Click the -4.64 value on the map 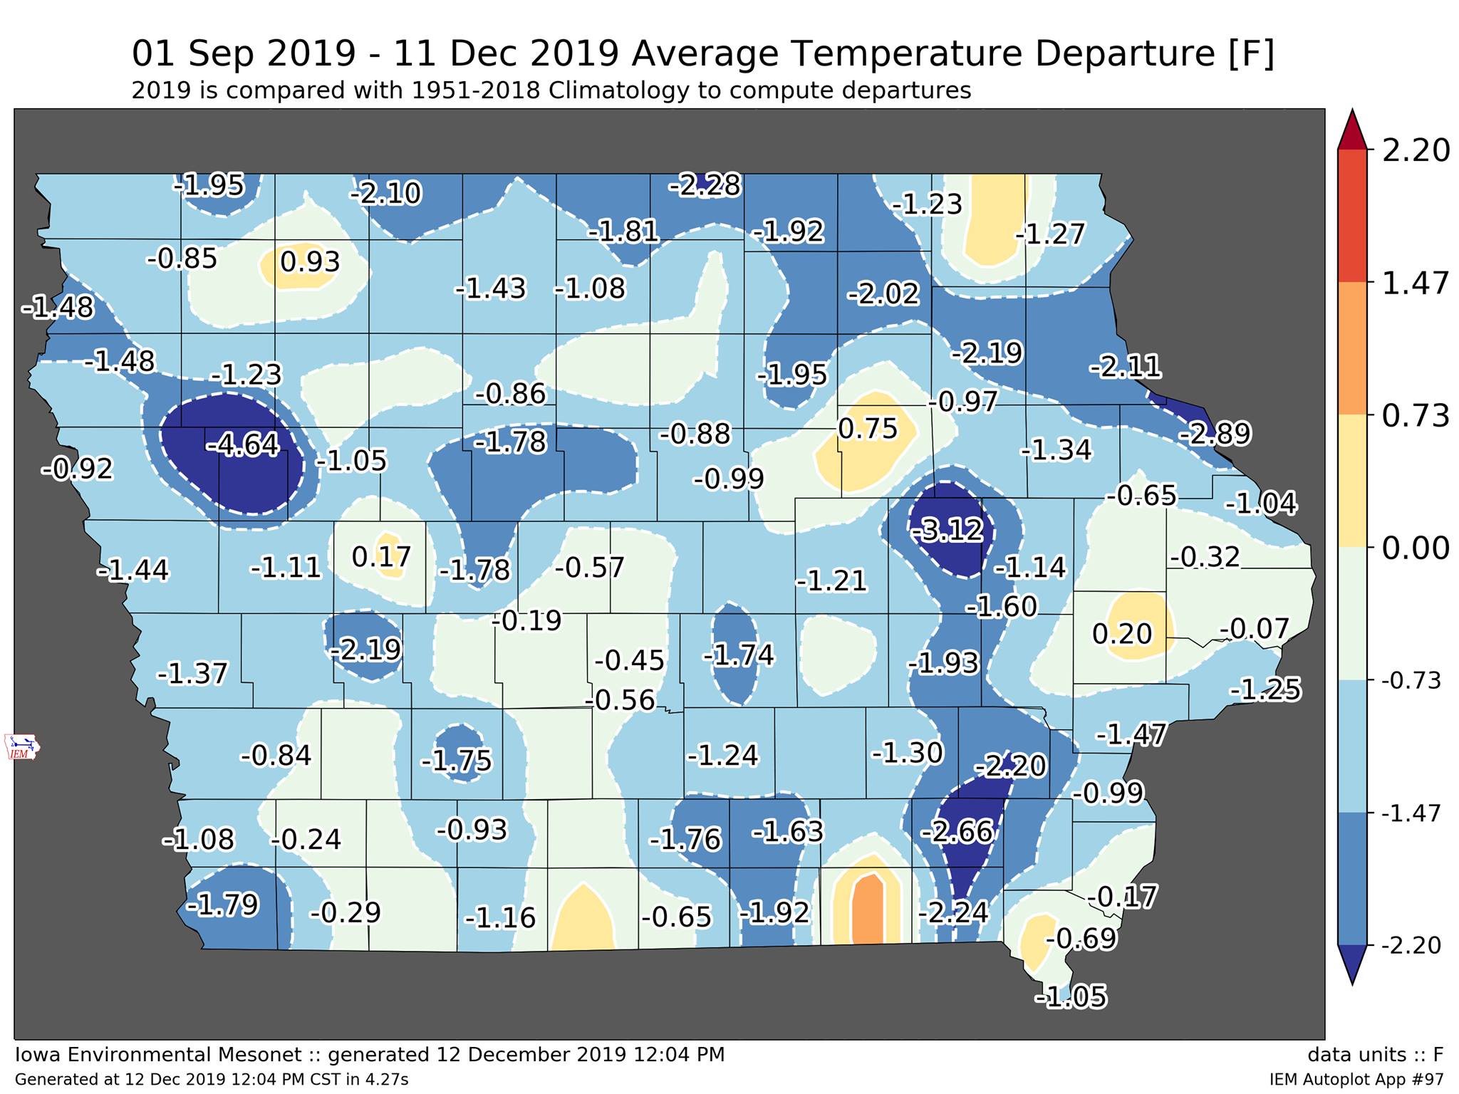pyautogui.click(x=242, y=445)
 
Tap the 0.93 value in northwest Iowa pyautogui.click(x=310, y=262)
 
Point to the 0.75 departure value pyautogui.click(x=868, y=429)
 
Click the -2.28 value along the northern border pyautogui.click(x=705, y=185)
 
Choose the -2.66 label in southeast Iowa pyautogui.click(x=957, y=831)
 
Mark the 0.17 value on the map pyautogui.click(x=382, y=556)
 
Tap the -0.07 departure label pyautogui.click(x=1255, y=629)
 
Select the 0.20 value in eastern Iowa pyautogui.click(x=1122, y=633)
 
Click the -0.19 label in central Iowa pyautogui.click(x=527, y=621)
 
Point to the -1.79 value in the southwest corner pyautogui.click(x=222, y=905)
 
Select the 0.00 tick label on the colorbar pyautogui.click(x=1416, y=548)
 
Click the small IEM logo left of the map pyautogui.click(x=22, y=746)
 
